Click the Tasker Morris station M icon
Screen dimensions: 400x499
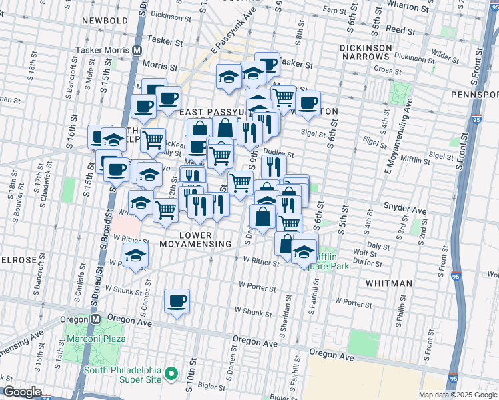[x=137, y=50]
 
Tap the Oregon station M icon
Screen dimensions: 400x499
[x=95, y=319]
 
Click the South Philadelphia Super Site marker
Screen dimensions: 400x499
[x=171, y=373]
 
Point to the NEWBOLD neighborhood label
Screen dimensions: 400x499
[x=105, y=21]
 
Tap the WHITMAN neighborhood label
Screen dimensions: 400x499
[x=389, y=283]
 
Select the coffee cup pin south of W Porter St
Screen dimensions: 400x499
[x=177, y=301]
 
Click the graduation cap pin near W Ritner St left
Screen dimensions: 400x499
[x=135, y=255]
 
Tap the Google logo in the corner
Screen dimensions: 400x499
[x=22, y=392]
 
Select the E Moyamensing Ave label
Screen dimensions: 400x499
[x=396, y=133]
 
